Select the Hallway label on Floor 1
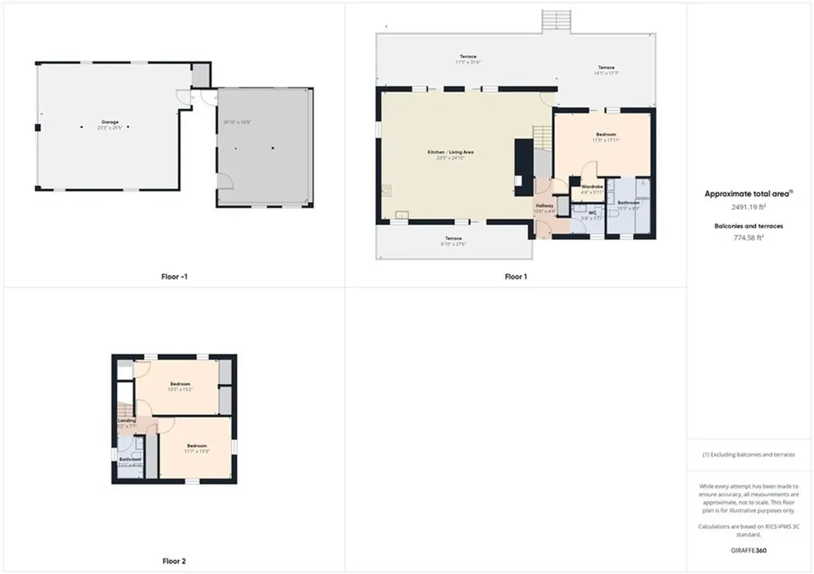tap(545, 206)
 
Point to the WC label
tap(592, 213)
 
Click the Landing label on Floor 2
tap(126, 421)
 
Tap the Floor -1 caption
tap(173, 277)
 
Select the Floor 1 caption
tap(515, 277)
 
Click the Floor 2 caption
tap(172, 561)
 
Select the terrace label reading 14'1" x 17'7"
tap(607, 72)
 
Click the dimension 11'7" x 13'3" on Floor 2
tap(196, 452)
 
